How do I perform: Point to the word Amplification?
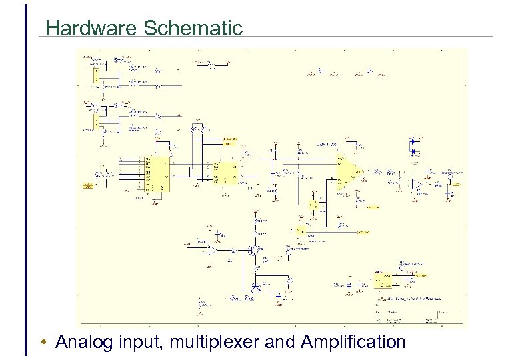tap(353, 343)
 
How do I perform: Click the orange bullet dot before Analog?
tap(43, 343)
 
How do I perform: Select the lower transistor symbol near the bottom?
tap(256, 287)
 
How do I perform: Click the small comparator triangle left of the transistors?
tap(211, 251)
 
